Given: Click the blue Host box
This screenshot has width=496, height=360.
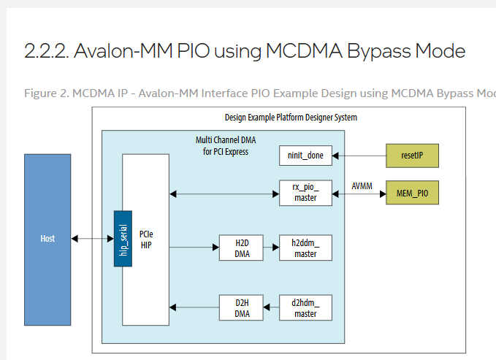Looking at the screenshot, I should [x=47, y=239].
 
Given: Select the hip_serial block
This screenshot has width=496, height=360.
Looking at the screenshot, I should [x=123, y=239].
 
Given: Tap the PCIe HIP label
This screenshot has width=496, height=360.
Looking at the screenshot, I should [x=146, y=239].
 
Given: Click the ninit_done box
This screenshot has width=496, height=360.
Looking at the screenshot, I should [x=305, y=156].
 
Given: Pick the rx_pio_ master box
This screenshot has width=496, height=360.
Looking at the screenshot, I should [x=305, y=193].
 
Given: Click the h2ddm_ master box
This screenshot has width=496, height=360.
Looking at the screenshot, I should [x=305, y=248].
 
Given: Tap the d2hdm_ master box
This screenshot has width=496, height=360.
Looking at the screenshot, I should [x=305, y=307].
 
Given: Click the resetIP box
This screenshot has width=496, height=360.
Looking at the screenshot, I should [x=412, y=156].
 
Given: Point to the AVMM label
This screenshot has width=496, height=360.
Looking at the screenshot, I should [x=361, y=185].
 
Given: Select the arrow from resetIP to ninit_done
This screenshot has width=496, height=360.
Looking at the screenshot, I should [x=359, y=156].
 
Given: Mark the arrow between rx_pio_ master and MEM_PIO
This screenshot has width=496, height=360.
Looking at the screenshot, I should [x=359, y=194].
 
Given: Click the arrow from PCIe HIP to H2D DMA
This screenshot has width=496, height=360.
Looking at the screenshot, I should [x=194, y=248].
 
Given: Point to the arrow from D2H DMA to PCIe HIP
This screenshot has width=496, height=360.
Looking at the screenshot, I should [x=194, y=307].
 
